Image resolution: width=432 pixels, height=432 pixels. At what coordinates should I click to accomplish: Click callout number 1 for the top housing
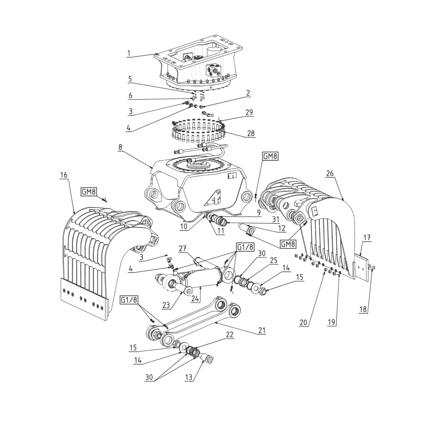click(x=129, y=53)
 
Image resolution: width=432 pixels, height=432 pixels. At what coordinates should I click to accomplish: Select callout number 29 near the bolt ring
click(x=249, y=112)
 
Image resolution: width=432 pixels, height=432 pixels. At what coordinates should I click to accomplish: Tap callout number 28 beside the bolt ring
click(x=251, y=133)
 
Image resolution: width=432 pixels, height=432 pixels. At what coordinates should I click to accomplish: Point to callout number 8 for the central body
click(x=120, y=147)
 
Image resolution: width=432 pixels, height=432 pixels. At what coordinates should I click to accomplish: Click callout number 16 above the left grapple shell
click(x=64, y=175)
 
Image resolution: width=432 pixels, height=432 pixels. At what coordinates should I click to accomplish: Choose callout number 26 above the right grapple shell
click(x=330, y=173)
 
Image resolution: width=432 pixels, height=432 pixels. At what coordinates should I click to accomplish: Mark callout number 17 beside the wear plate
click(x=367, y=237)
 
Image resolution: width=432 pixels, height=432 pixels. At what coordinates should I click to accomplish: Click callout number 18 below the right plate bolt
click(x=363, y=309)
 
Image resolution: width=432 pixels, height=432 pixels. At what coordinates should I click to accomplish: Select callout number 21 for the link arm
click(x=262, y=330)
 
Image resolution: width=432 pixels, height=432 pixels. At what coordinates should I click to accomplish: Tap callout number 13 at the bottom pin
click(x=189, y=377)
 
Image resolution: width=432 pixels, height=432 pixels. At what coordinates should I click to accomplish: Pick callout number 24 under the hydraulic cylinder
click(x=195, y=299)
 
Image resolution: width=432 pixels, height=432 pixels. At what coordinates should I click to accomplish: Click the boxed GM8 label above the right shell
click(x=270, y=156)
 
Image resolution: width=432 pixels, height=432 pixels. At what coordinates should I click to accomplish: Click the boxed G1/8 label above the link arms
click(x=129, y=300)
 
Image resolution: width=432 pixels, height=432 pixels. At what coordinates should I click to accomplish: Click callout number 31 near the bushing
click(x=275, y=219)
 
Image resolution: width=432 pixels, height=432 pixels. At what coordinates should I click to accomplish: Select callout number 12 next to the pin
click(x=282, y=228)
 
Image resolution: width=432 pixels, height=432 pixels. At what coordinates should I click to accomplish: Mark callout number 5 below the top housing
click(x=130, y=79)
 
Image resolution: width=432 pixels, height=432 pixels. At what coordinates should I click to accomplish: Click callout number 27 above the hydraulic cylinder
click(x=183, y=249)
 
